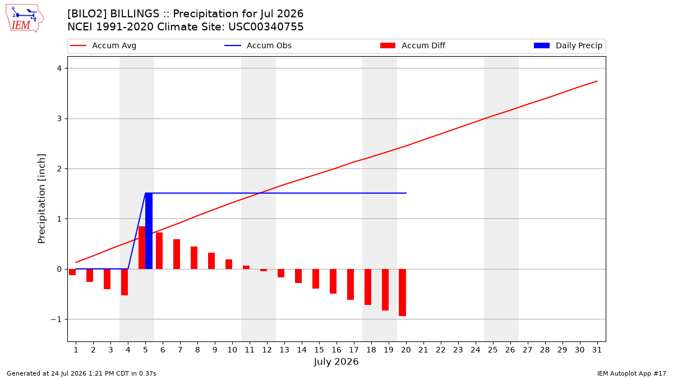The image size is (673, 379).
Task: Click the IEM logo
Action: coord(25,19)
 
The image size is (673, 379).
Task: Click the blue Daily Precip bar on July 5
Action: coord(149,231)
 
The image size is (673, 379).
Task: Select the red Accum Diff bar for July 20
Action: coord(403,293)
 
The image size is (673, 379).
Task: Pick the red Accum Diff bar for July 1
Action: coord(72,272)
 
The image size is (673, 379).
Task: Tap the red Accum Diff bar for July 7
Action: coord(177,254)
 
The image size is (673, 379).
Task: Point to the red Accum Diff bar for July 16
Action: coord(333,281)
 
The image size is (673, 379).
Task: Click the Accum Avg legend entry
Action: coord(103,45)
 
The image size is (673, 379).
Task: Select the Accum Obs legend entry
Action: coord(258,45)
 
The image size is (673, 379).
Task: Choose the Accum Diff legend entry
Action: coord(413,45)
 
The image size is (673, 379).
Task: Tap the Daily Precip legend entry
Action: coord(568,45)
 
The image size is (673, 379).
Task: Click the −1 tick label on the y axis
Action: coord(56,319)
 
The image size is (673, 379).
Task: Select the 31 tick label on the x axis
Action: coord(597,350)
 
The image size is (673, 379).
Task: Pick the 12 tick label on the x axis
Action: coord(267,350)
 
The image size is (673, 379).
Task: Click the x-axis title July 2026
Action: coord(336,362)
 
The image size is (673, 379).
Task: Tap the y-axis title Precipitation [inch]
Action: coord(42,199)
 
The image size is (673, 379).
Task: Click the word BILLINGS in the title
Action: coord(135,14)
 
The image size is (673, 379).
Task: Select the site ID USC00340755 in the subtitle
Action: coord(266,27)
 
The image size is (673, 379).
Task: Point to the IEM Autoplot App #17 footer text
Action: coord(631,373)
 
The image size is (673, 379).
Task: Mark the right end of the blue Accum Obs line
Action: coord(406,193)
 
